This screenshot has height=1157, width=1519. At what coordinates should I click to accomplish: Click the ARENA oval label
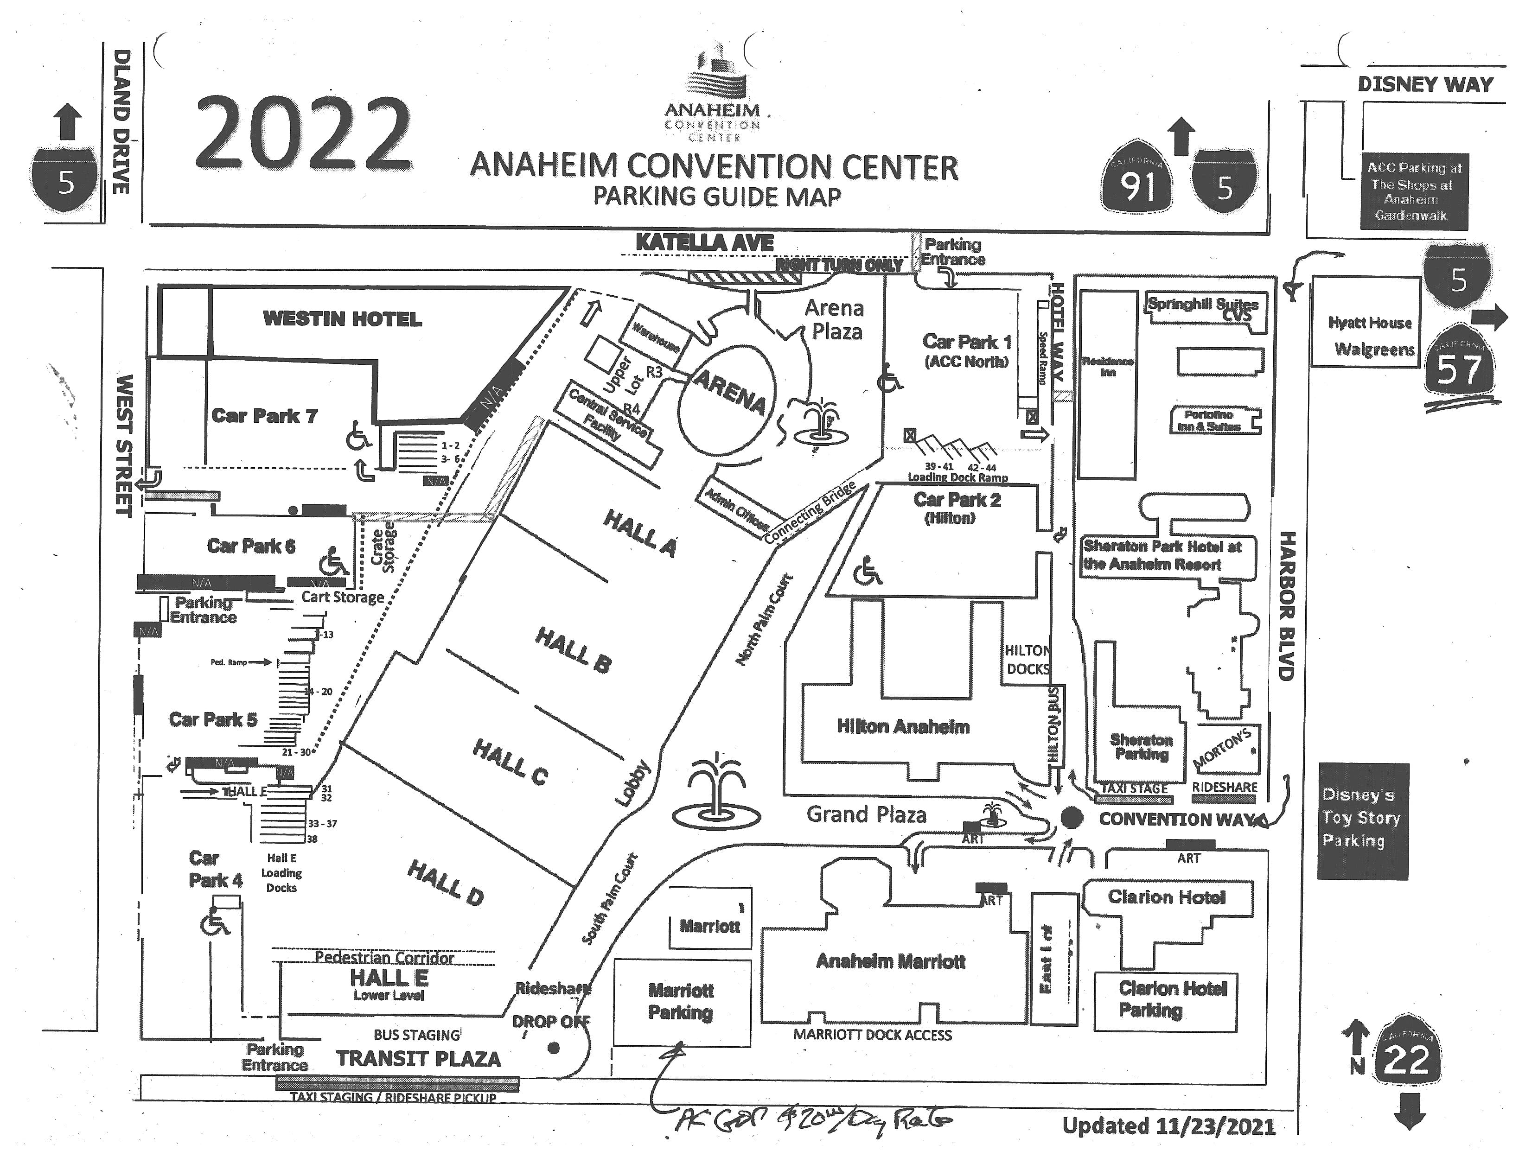click(x=729, y=393)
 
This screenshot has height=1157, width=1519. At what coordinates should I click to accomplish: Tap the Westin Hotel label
click(x=342, y=319)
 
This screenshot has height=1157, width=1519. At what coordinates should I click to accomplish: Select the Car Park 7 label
click(x=264, y=416)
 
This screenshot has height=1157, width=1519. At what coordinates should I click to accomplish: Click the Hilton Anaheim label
click(x=902, y=726)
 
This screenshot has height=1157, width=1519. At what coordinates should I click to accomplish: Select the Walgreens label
click(x=1374, y=349)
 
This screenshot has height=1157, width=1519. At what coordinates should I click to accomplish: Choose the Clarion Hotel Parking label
click(x=1173, y=999)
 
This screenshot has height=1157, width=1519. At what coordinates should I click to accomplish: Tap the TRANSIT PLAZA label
click(x=418, y=1059)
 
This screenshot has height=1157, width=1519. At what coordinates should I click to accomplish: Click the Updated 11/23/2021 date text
click(x=1168, y=1126)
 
